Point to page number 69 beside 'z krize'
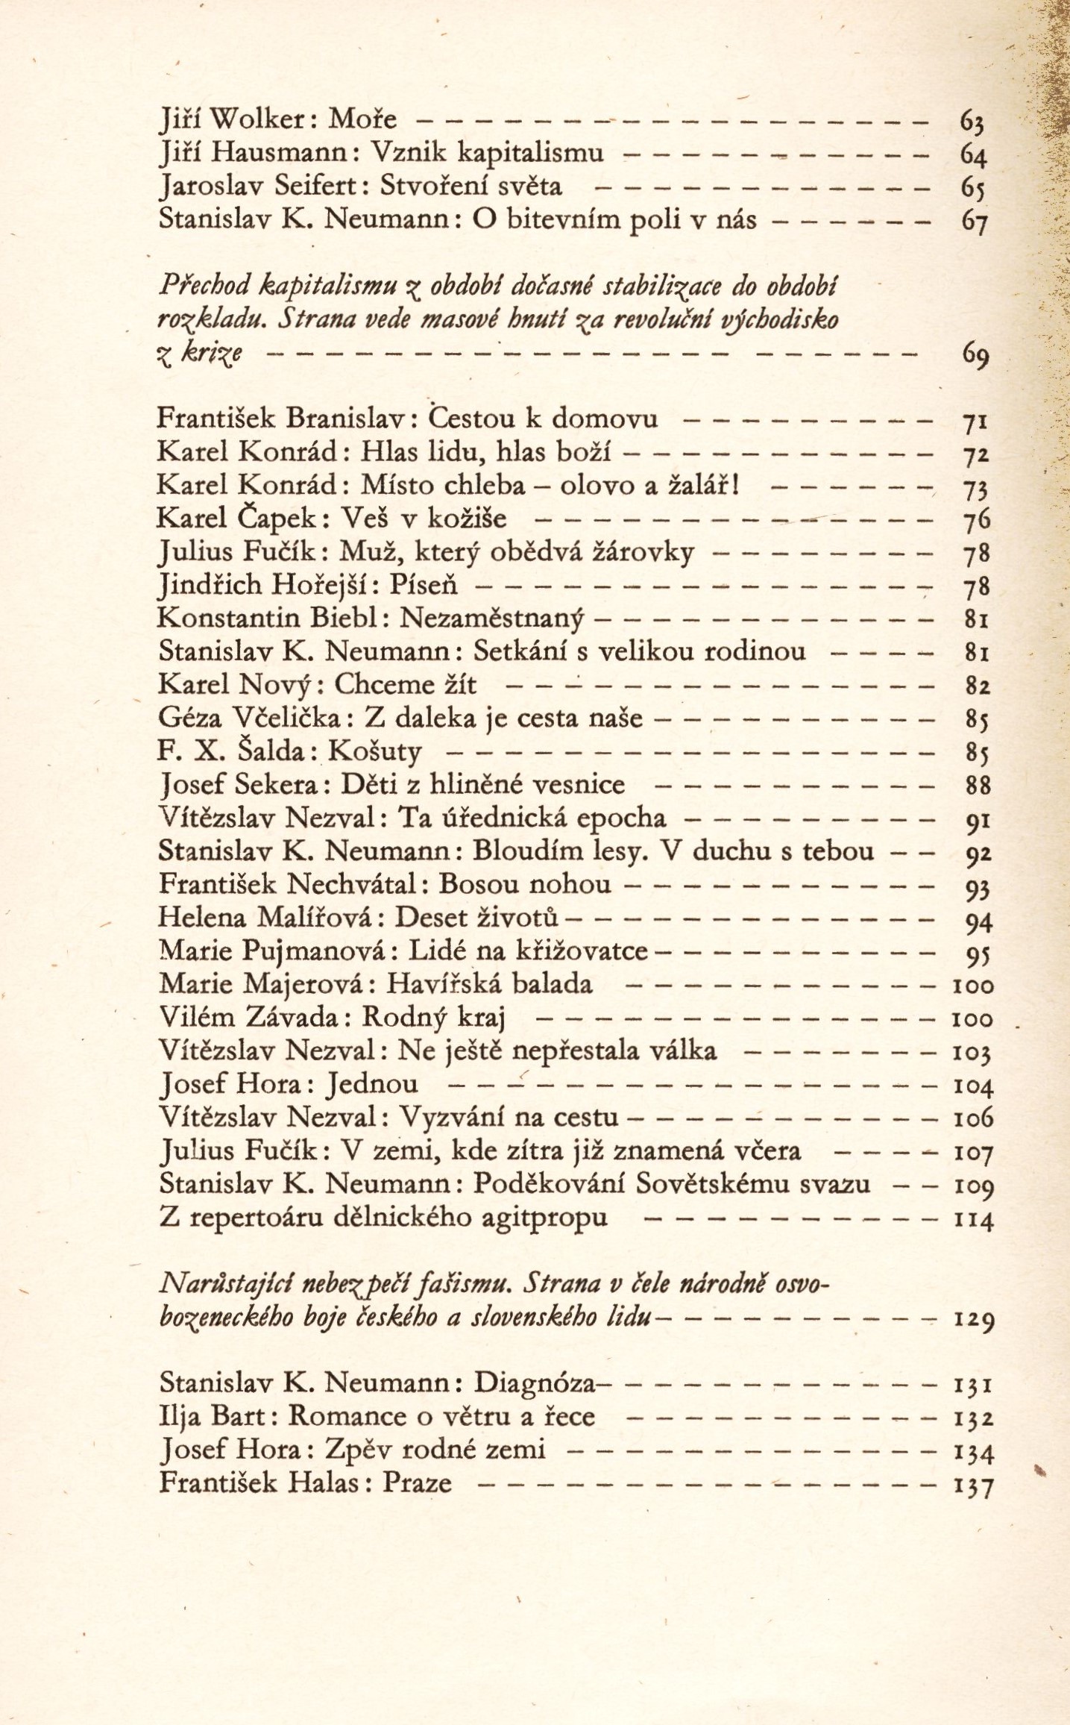974,358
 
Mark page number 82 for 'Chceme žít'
974,686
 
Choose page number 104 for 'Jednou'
974,1086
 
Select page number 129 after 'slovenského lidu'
974,1320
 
